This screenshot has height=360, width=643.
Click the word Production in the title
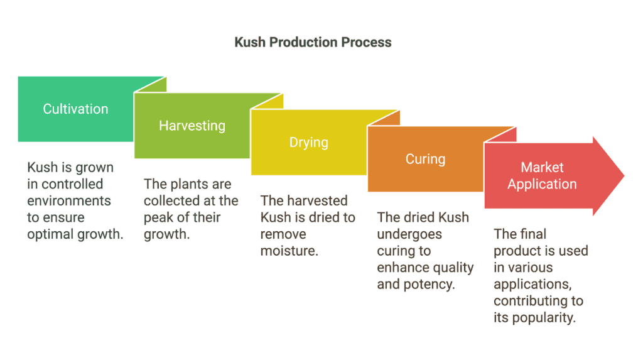click(x=303, y=42)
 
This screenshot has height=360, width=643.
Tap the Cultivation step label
click(x=75, y=109)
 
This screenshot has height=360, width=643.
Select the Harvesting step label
click(x=192, y=126)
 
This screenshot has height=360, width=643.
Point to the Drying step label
click(x=309, y=143)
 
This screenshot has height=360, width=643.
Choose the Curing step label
click(x=425, y=160)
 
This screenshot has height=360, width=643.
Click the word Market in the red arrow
click(x=542, y=167)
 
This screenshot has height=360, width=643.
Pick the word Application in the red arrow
click(x=542, y=184)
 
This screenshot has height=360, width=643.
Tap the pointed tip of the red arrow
click(x=624, y=176)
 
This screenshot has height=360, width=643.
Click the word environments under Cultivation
click(x=69, y=200)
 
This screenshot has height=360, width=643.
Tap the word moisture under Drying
click(x=289, y=251)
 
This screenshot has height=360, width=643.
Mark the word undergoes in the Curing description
click(x=409, y=234)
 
